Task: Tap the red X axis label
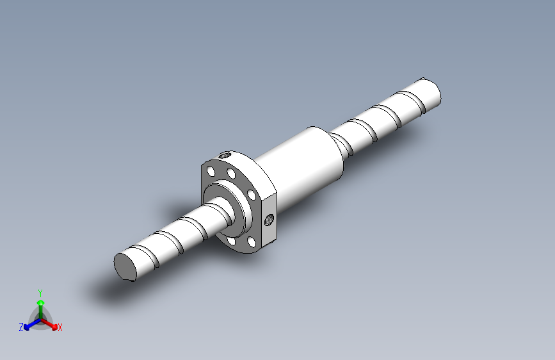[x=60, y=328]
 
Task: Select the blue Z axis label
[x=21, y=327]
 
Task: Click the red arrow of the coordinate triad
[x=50, y=323]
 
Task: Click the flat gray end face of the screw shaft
[x=126, y=265]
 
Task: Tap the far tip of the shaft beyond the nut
[x=431, y=90]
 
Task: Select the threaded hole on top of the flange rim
[x=225, y=154]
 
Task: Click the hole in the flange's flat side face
[x=269, y=220]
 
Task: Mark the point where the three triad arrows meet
[x=40, y=318]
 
